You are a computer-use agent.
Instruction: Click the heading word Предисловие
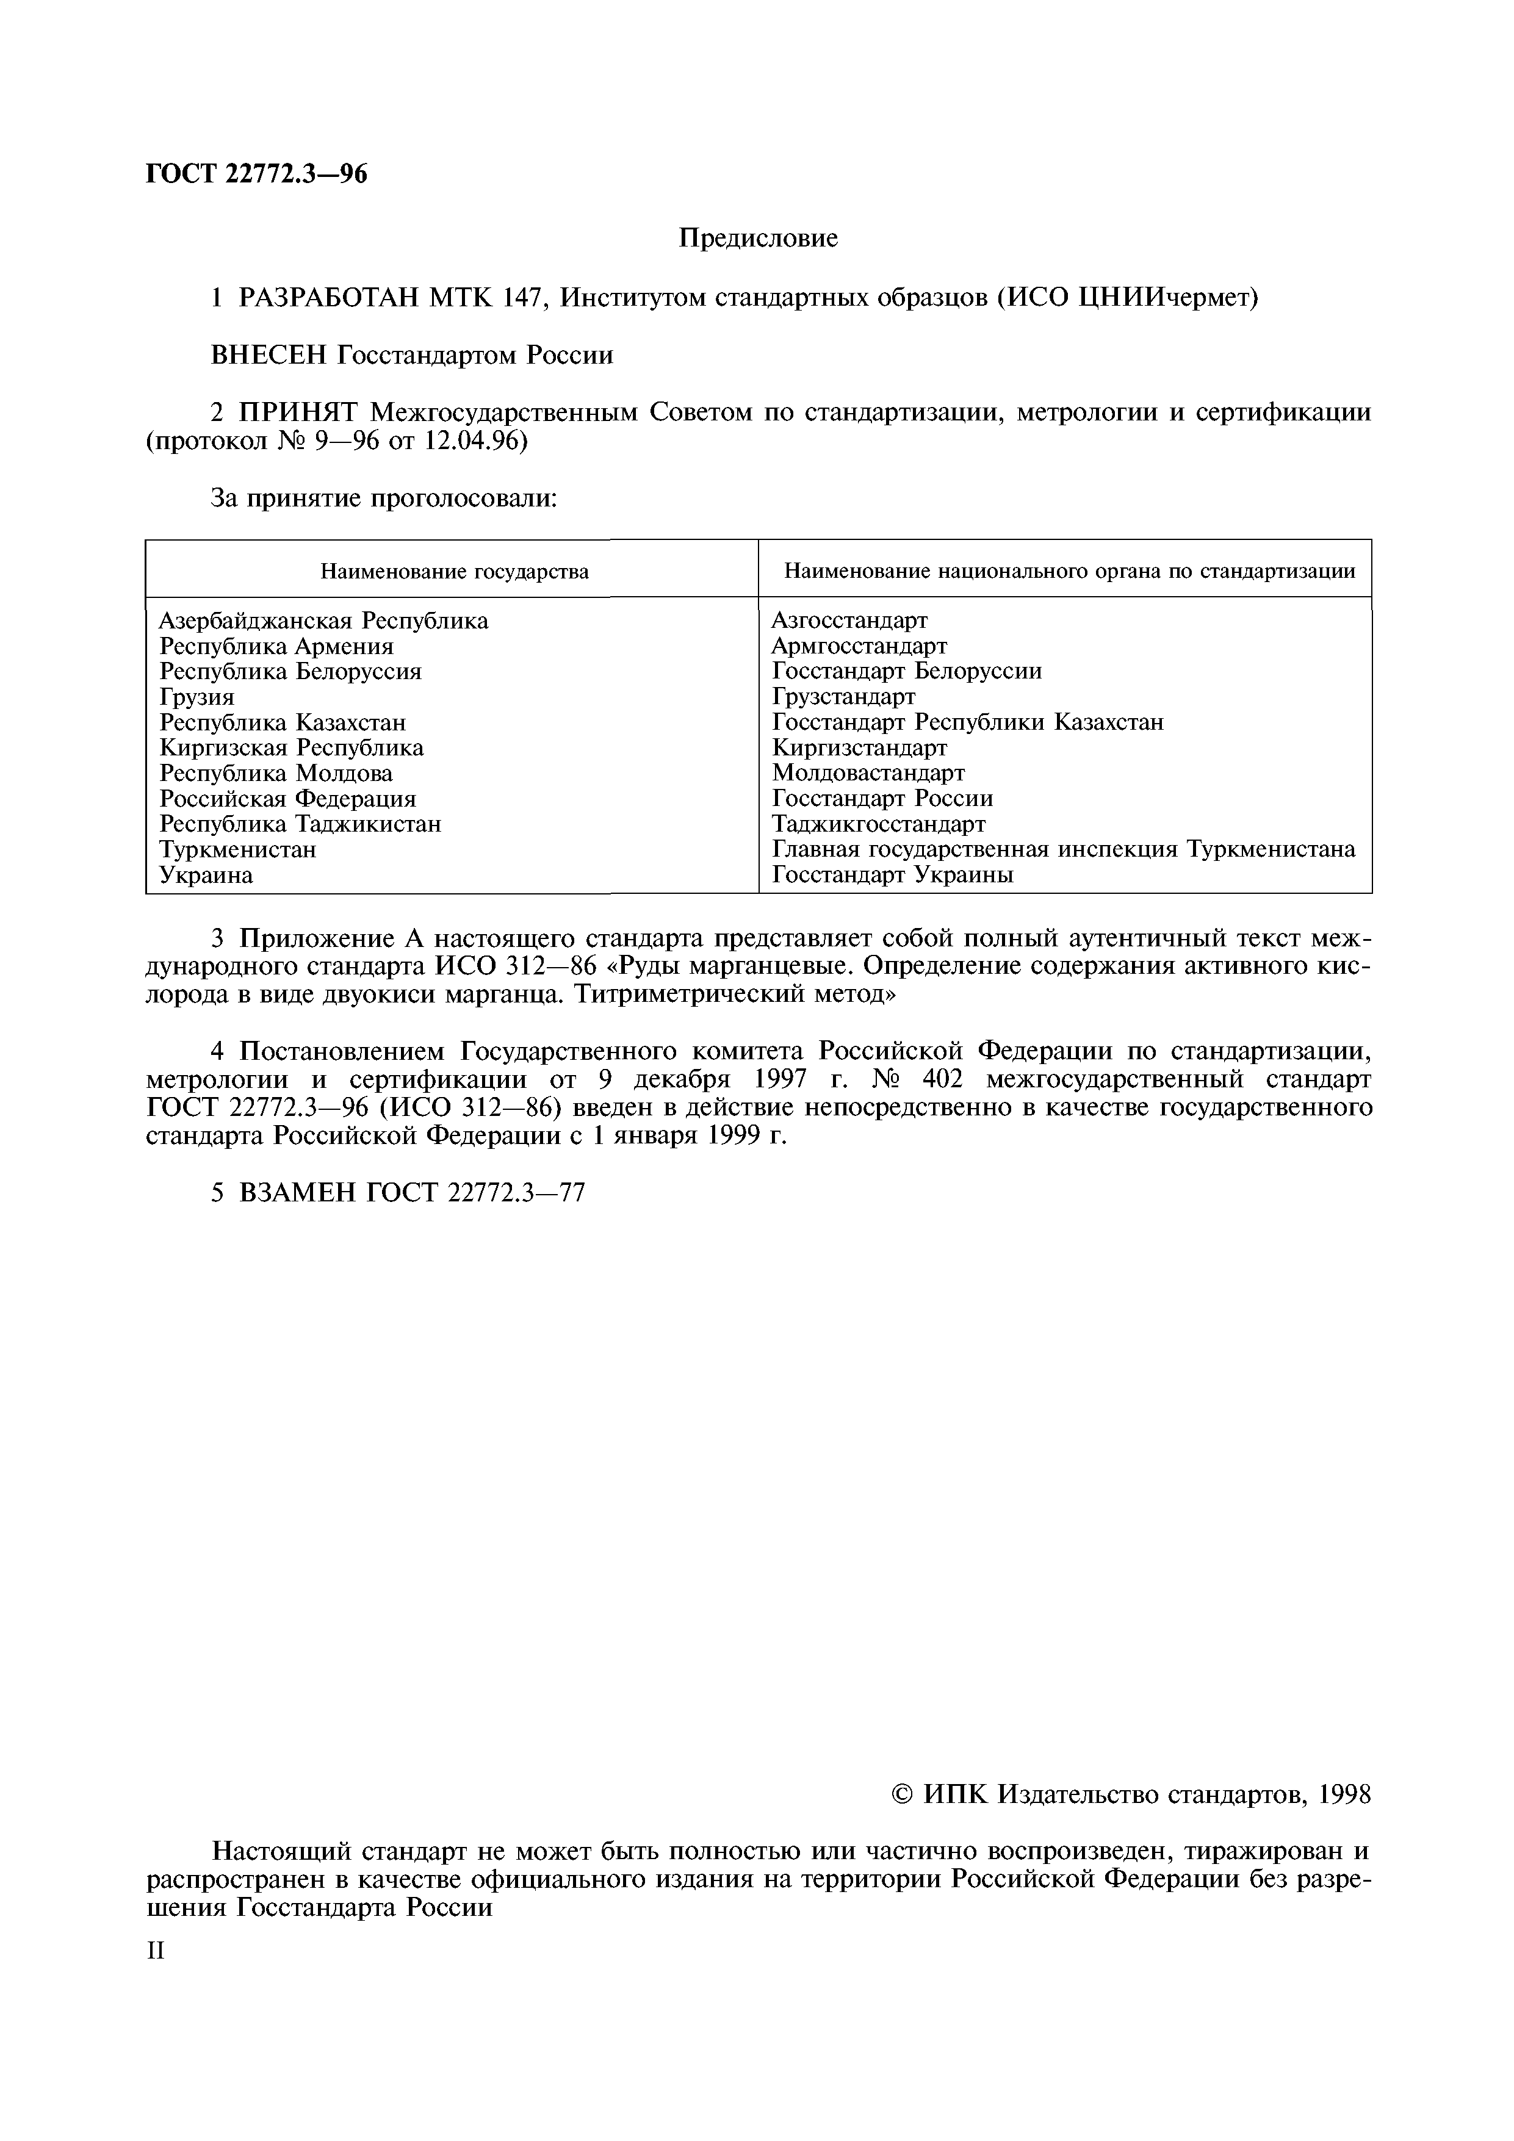click(757, 239)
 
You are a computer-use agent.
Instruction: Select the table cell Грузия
click(197, 697)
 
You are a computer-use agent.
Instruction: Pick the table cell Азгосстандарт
click(849, 620)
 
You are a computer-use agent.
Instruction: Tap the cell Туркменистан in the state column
click(238, 849)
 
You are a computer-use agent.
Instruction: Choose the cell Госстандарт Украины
click(892, 875)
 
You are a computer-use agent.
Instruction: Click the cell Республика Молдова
click(276, 773)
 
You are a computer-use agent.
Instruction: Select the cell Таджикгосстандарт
click(878, 824)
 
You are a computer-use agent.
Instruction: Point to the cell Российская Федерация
click(287, 798)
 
